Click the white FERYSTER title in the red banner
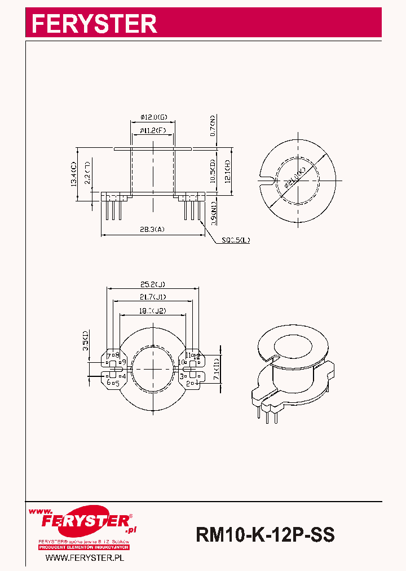pyautogui.click(x=94, y=23)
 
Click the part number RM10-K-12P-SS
pyautogui.click(x=265, y=534)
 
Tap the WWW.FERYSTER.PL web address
pyautogui.click(x=84, y=557)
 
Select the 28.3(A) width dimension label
pyautogui.click(x=152, y=230)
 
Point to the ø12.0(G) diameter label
pyautogui.click(x=153, y=117)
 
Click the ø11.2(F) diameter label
pyautogui.click(x=153, y=130)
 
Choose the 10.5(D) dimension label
pyautogui.click(x=212, y=171)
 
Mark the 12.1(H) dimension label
pyautogui.click(x=226, y=171)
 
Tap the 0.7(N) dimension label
pyautogui.click(x=213, y=126)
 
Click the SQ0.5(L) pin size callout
pyautogui.click(x=236, y=240)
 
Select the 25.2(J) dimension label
pyautogui.click(x=152, y=284)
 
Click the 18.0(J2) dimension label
pyautogui.click(x=152, y=310)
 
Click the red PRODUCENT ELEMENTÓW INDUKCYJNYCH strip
pyautogui.click(x=84, y=548)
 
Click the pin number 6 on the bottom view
pyautogui.click(x=109, y=382)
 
